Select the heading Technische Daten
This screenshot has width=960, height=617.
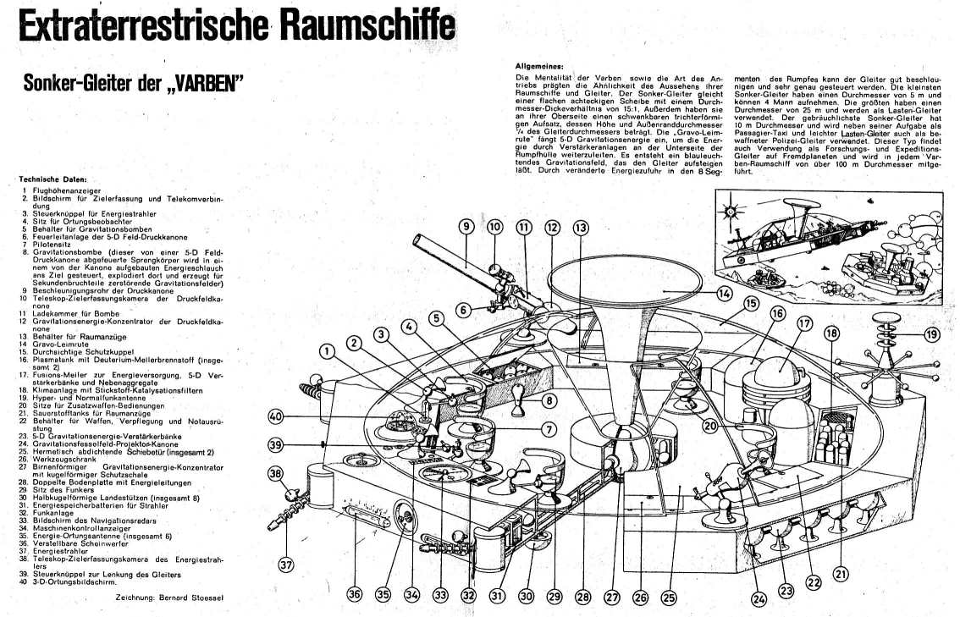[52, 179]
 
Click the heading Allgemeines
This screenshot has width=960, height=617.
[541, 66]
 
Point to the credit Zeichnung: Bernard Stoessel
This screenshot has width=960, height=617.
[166, 597]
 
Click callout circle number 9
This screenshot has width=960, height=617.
[466, 226]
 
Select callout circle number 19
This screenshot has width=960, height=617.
[932, 334]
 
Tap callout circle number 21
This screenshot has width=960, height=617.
[840, 574]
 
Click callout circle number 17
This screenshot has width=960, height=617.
[804, 322]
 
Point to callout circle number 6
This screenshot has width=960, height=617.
[463, 310]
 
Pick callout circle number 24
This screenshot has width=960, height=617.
[759, 599]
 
